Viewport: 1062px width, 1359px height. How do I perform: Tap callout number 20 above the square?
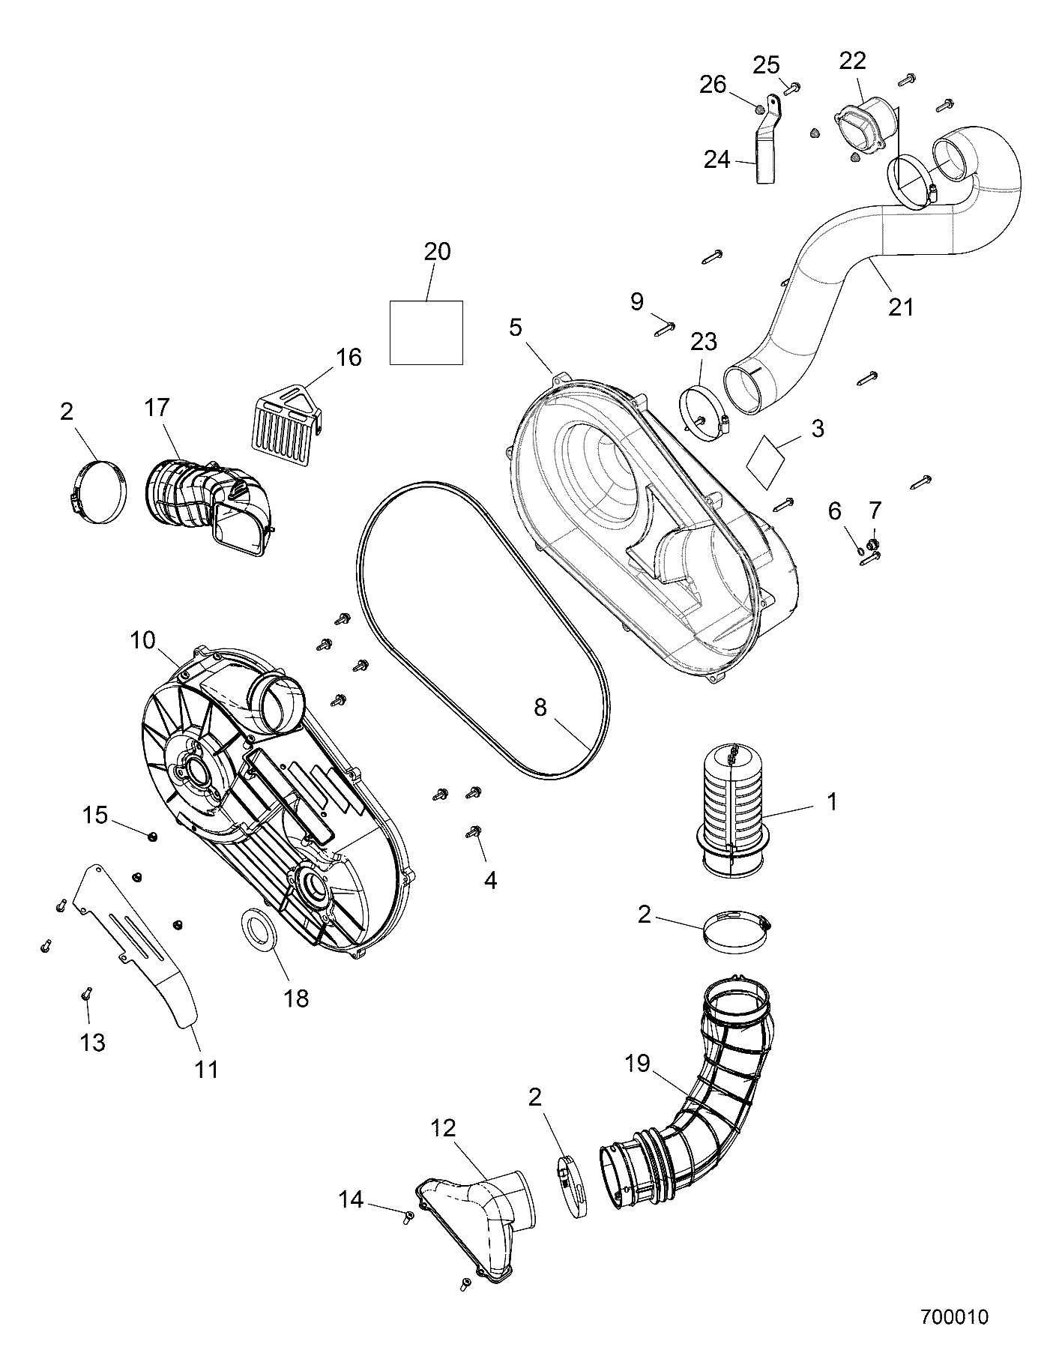pyautogui.click(x=437, y=252)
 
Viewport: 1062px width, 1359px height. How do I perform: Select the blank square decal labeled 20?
pyautogui.click(x=426, y=332)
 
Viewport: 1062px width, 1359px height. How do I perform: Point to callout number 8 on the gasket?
pyautogui.click(x=540, y=708)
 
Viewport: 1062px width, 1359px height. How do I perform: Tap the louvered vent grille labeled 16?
pyautogui.click(x=284, y=421)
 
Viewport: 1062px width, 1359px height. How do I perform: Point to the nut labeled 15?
pyautogui.click(x=152, y=836)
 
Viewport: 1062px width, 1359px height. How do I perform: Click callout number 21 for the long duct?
pyautogui.click(x=900, y=307)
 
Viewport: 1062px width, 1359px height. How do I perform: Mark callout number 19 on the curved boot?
pyautogui.click(x=638, y=1064)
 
